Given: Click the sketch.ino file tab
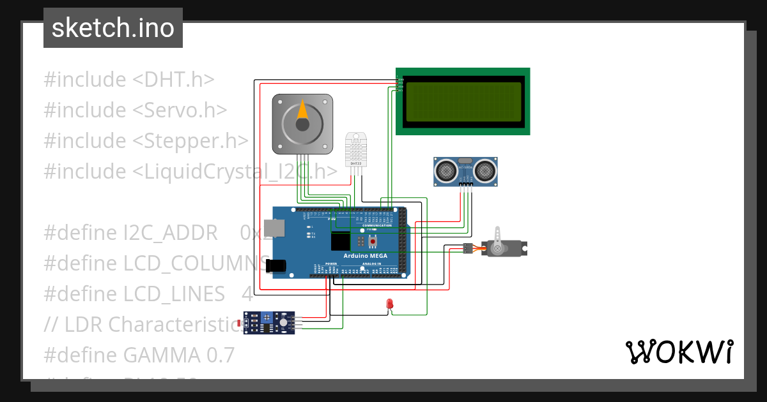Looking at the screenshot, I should [x=112, y=28].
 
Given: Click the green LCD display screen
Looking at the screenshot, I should [x=463, y=101].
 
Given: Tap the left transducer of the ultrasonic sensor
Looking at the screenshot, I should [x=444, y=170].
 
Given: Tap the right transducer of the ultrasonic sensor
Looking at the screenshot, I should [x=486, y=170].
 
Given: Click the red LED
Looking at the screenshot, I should [x=389, y=304].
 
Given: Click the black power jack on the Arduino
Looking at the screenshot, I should [x=277, y=265].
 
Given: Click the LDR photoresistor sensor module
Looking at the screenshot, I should [x=268, y=323].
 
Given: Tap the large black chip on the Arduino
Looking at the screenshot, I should [x=341, y=242].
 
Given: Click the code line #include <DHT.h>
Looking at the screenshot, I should [x=128, y=80].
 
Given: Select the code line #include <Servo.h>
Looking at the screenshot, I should [x=135, y=110].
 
